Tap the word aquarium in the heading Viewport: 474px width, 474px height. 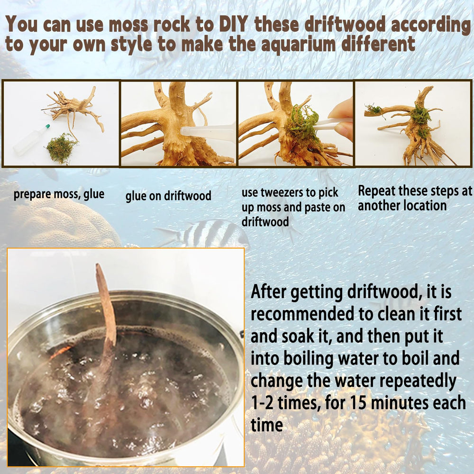click(x=298, y=44)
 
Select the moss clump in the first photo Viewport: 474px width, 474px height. click(x=61, y=148)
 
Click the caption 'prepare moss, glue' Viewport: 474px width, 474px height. click(x=59, y=194)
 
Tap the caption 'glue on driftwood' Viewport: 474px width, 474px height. click(x=168, y=196)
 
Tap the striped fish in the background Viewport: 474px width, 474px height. click(x=206, y=233)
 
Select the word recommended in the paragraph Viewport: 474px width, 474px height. click(x=302, y=314)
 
